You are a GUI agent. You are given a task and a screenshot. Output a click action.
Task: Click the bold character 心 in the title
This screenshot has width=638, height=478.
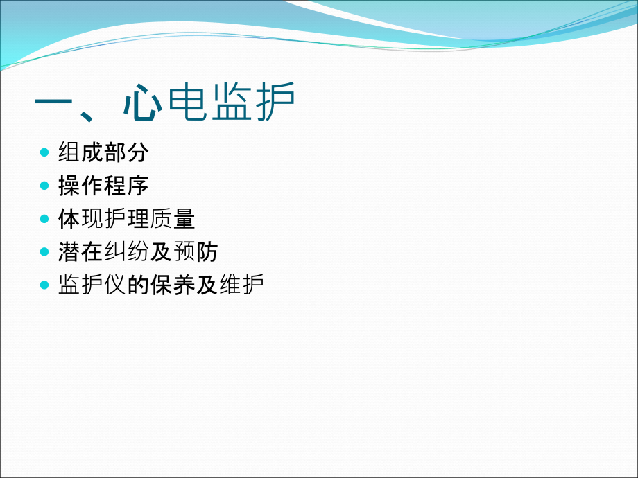pyautogui.click(x=144, y=104)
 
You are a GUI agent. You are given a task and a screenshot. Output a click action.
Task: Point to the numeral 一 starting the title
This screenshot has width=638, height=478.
pyautogui.click(x=57, y=104)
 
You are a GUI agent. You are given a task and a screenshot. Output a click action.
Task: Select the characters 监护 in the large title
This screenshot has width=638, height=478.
pyautogui.click(x=253, y=104)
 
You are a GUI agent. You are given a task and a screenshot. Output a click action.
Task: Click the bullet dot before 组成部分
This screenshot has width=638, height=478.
pyautogui.click(x=45, y=152)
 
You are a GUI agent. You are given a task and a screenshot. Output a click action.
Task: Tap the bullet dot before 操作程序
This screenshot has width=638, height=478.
pyautogui.click(x=45, y=186)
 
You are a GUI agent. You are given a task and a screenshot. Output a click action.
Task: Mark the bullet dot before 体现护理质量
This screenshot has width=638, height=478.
pyautogui.click(x=45, y=219)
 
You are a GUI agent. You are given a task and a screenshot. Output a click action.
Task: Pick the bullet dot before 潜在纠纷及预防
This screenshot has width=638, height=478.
pyautogui.click(x=45, y=252)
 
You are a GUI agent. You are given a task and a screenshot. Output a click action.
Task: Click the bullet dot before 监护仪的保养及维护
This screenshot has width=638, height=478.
pyautogui.click(x=45, y=285)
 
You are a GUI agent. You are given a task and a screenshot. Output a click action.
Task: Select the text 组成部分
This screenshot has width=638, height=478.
pyautogui.click(x=103, y=152)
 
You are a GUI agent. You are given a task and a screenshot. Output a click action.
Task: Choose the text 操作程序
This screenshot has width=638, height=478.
pyautogui.click(x=103, y=186)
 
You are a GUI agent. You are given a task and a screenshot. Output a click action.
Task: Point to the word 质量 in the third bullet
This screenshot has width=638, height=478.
pyautogui.click(x=173, y=219)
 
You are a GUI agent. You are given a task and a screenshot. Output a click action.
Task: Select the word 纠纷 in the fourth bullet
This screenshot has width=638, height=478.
pyautogui.click(x=126, y=252)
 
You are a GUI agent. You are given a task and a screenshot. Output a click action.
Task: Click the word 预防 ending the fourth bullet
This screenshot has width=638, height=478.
pyautogui.click(x=196, y=252)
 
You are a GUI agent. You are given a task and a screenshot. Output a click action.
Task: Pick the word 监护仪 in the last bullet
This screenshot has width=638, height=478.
pyautogui.click(x=92, y=285)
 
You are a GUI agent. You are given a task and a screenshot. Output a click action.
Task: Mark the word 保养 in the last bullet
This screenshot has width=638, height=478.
pyautogui.click(x=173, y=285)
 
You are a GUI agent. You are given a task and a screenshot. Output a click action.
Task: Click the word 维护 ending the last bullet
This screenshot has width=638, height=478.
pyautogui.click(x=241, y=285)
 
